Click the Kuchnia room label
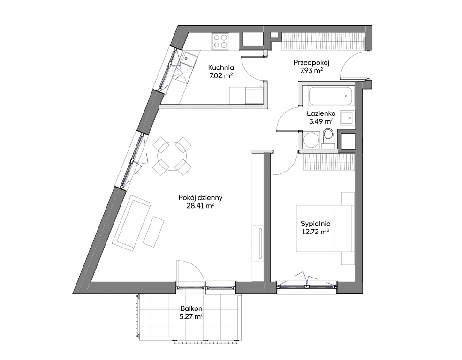(221, 67)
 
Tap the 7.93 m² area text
(311, 71)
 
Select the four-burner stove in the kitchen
(221, 41)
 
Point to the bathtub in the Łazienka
(330, 96)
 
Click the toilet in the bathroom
(328, 138)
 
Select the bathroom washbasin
(348, 118)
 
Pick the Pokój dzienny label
(200, 198)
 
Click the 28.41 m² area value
(200, 206)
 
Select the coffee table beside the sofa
(153, 232)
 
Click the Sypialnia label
(316, 224)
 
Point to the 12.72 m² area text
(316, 232)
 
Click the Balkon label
(191, 309)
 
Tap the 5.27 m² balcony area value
(191, 317)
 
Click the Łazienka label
(321, 113)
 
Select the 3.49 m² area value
(321, 121)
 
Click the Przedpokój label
(311, 63)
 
